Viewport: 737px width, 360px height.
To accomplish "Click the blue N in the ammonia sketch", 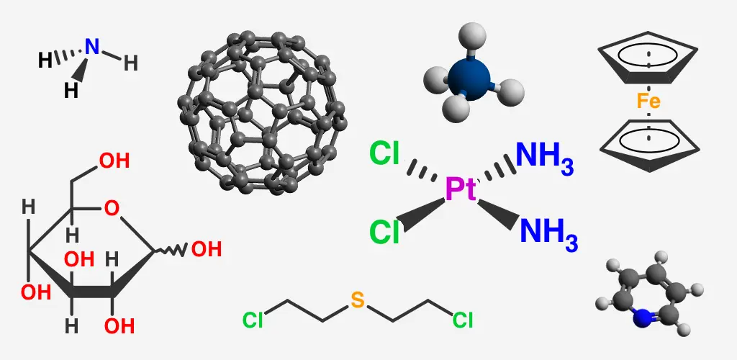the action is tap(93, 47).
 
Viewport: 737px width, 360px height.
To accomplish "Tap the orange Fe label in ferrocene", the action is tap(648, 101).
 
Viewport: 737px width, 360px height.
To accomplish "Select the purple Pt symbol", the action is tap(461, 190).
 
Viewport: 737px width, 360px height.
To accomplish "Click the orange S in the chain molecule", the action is tap(358, 300).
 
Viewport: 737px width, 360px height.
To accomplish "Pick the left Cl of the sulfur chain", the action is tap(253, 320).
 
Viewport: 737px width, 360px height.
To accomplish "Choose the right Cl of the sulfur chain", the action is tap(463, 320).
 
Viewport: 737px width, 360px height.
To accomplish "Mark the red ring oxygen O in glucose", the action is tap(112, 209).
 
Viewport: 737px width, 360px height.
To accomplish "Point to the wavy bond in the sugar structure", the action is tap(171, 251).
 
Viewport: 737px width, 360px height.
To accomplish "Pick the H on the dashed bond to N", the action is tap(45, 60).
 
